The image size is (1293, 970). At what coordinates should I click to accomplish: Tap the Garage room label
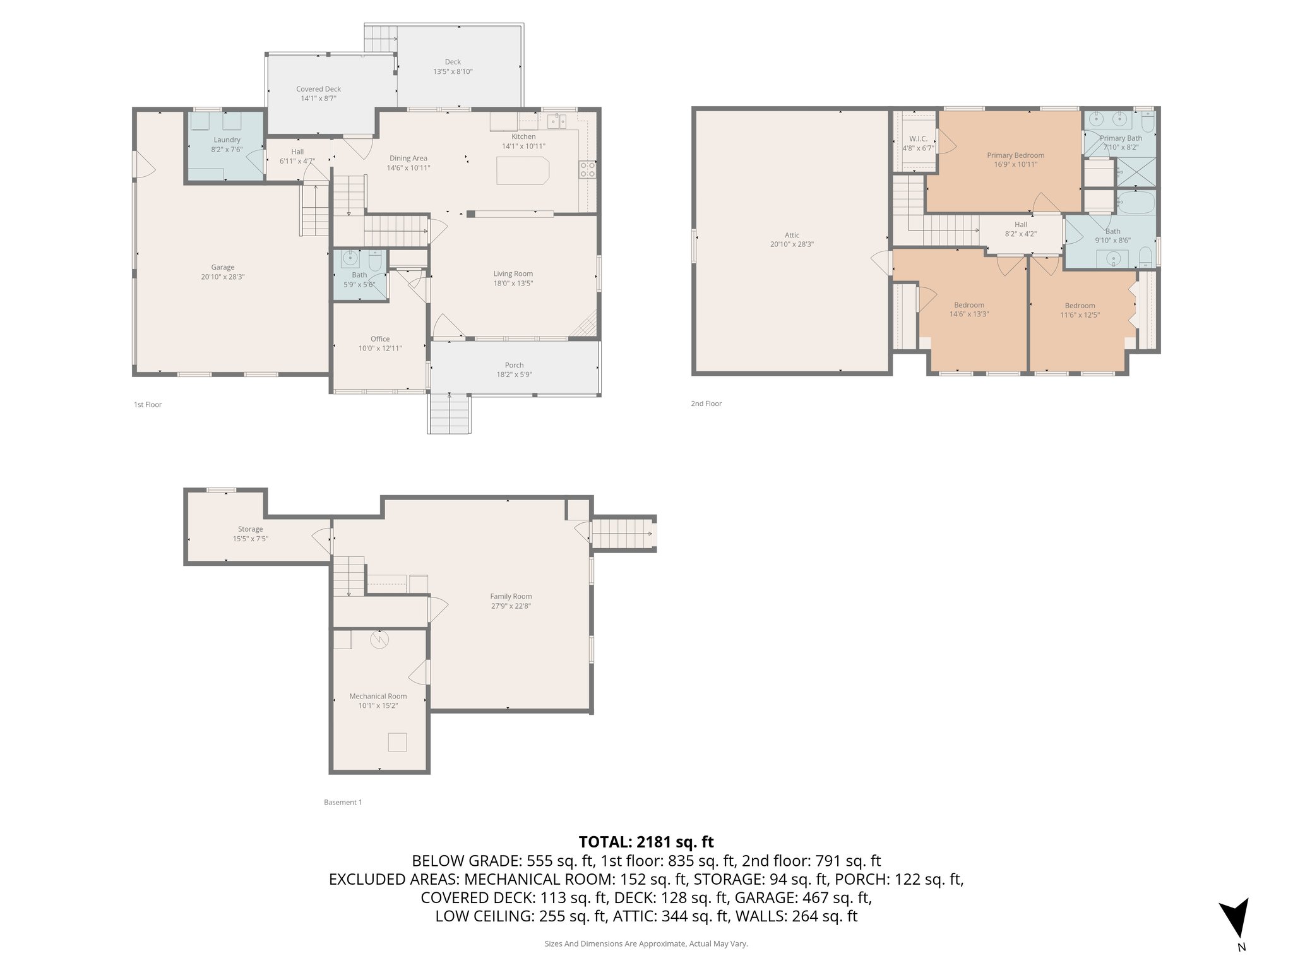[223, 267]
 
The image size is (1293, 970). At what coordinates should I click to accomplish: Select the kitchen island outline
[523, 171]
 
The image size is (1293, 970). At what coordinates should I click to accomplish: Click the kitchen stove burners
[587, 169]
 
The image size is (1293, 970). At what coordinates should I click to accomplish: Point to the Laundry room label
[227, 140]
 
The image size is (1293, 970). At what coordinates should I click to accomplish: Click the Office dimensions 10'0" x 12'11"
[380, 349]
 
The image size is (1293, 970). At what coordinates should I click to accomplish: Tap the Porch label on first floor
[514, 365]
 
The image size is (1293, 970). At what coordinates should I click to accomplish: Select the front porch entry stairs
[450, 414]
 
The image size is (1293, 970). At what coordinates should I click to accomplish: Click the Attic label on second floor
[792, 235]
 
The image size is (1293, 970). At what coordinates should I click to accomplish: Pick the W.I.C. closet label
[918, 138]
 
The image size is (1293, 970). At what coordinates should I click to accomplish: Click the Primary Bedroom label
[1015, 155]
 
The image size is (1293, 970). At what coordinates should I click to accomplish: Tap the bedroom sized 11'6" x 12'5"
[1079, 310]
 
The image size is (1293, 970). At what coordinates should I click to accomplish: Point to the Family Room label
[511, 596]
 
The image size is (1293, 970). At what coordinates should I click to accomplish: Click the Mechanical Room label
[378, 696]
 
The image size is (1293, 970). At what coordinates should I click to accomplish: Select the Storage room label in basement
[251, 529]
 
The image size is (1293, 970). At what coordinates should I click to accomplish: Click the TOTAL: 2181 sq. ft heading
[646, 842]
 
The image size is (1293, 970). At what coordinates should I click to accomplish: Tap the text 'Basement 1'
[343, 803]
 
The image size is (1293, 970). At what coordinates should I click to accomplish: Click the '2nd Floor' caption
[706, 404]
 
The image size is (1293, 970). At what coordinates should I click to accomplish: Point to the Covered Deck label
[318, 89]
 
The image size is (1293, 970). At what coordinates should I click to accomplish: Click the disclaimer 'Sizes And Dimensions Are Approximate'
[646, 943]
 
